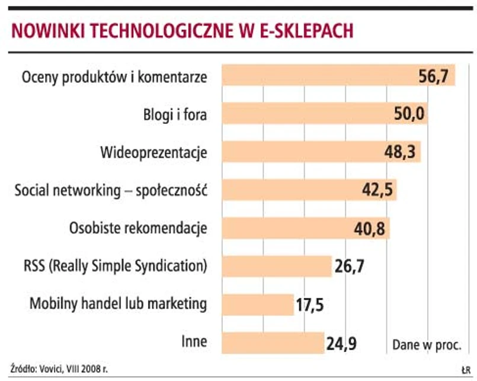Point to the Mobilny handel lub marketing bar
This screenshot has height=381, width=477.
(x=258, y=305)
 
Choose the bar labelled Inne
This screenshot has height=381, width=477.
(x=273, y=342)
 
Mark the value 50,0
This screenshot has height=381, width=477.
(x=408, y=114)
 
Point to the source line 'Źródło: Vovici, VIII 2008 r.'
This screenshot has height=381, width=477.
(x=59, y=368)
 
